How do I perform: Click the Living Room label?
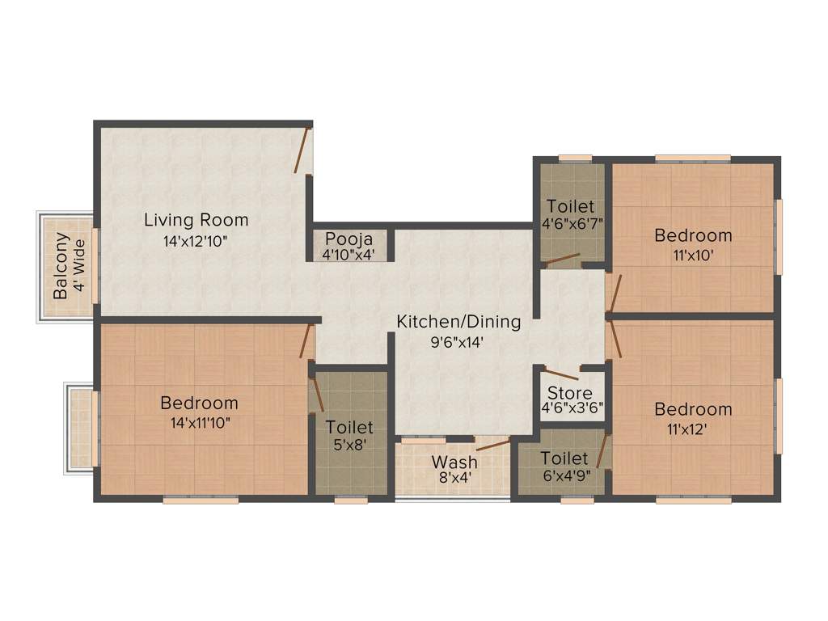(196, 219)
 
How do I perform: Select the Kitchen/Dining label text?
(458, 321)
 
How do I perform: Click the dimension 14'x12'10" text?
(196, 240)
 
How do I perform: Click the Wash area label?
(454, 463)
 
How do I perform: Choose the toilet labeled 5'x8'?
(349, 434)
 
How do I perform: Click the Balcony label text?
(61, 267)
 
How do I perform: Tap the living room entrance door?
(302, 150)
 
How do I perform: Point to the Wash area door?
(492, 445)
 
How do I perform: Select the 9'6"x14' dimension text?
(458, 342)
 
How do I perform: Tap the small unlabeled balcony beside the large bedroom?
(80, 428)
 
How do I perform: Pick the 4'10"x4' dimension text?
(349, 255)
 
